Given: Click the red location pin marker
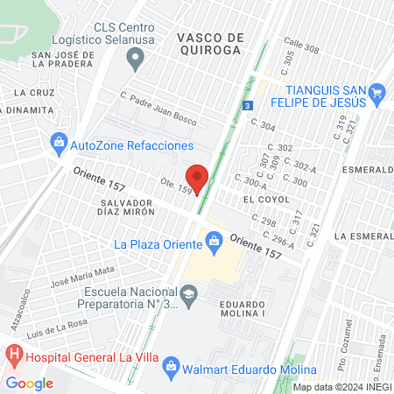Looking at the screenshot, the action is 198,178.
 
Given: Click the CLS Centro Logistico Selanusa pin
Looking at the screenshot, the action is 135,60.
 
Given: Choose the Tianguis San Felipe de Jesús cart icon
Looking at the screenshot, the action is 377,92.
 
